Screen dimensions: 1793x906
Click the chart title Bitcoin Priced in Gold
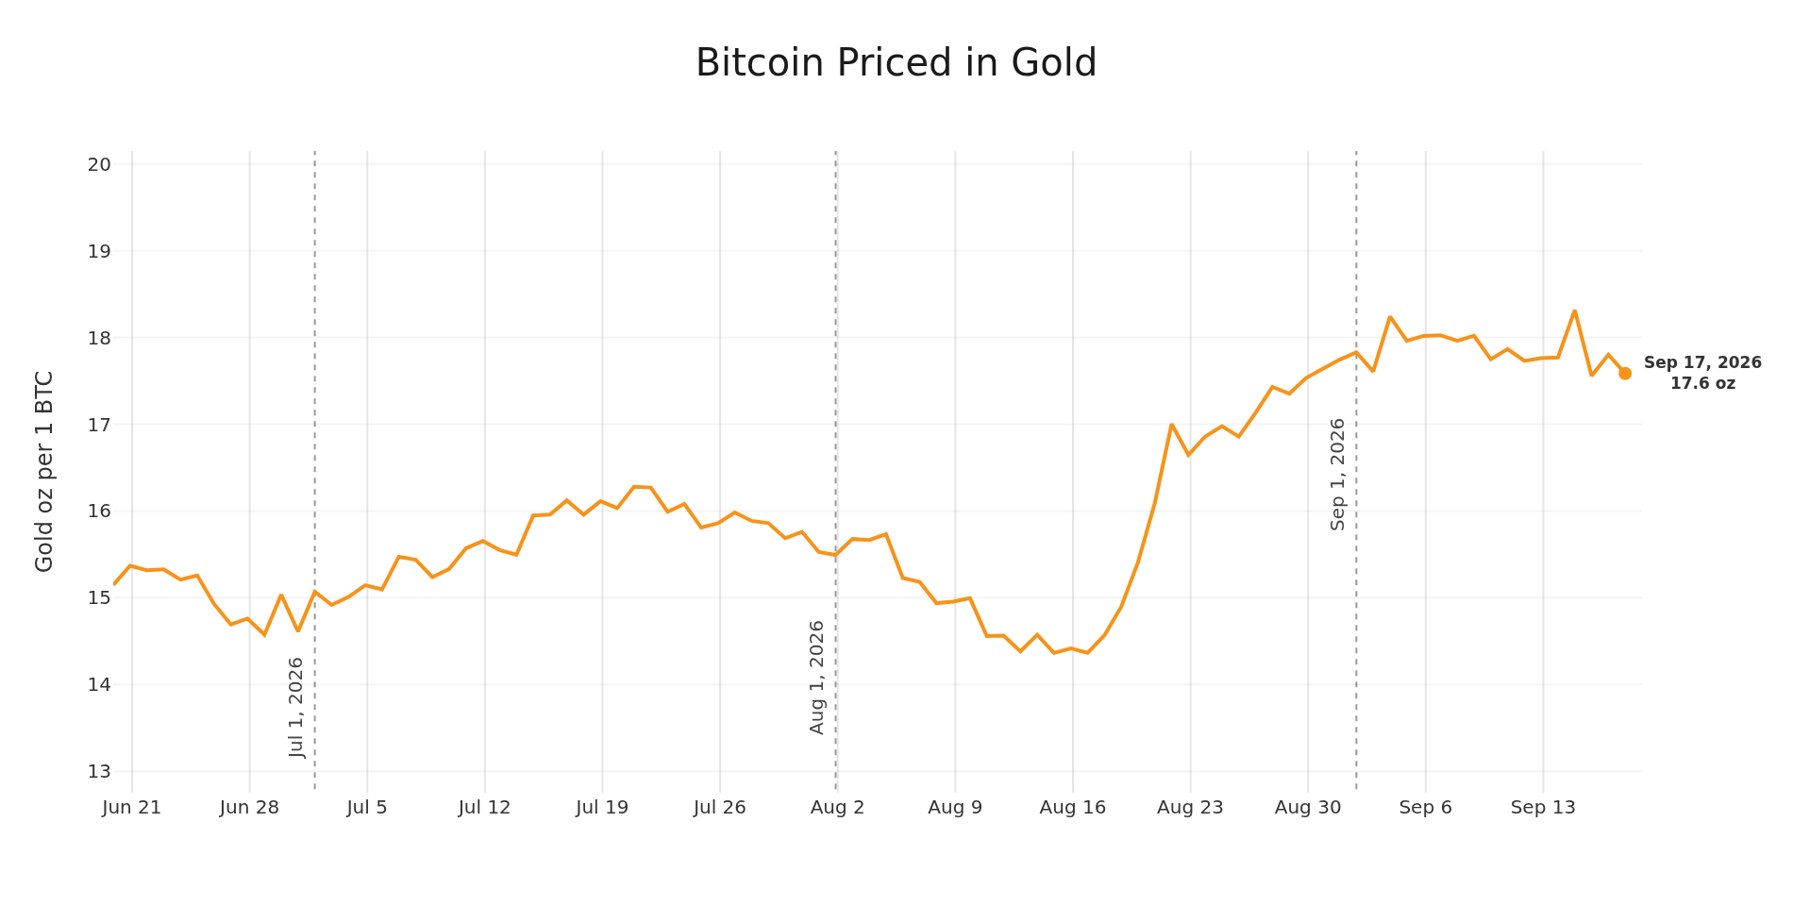click(x=896, y=63)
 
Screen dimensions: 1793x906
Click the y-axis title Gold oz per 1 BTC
click(x=44, y=471)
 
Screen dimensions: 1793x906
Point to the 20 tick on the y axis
click(x=99, y=164)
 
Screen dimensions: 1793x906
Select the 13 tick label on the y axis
click(x=99, y=771)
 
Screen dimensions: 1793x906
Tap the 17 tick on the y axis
click(x=99, y=425)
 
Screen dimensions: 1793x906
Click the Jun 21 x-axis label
click(x=131, y=807)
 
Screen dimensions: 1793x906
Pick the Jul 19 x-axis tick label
click(x=602, y=807)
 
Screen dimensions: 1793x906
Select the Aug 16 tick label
click(x=1073, y=807)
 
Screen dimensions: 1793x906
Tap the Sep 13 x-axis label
click(x=1543, y=807)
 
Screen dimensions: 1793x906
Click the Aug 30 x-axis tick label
click(x=1308, y=807)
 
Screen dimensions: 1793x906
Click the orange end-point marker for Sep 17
click(x=1625, y=374)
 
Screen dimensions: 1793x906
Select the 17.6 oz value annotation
click(x=1702, y=383)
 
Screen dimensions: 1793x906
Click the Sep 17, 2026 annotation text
click(x=1702, y=363)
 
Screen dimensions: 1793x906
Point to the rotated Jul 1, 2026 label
click(x=296, y=707)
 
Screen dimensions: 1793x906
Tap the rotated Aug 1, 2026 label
click(x=817, y=677)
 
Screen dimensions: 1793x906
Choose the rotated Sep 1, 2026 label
click(x=1338, y=474)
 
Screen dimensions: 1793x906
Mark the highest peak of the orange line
click(x=1574, y=310)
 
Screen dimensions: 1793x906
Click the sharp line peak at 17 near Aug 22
click(x=1171, y=425)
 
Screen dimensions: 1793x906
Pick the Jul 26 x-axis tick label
click(x=720, y=807)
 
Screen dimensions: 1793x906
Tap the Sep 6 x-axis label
click(x=1425, y=807)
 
